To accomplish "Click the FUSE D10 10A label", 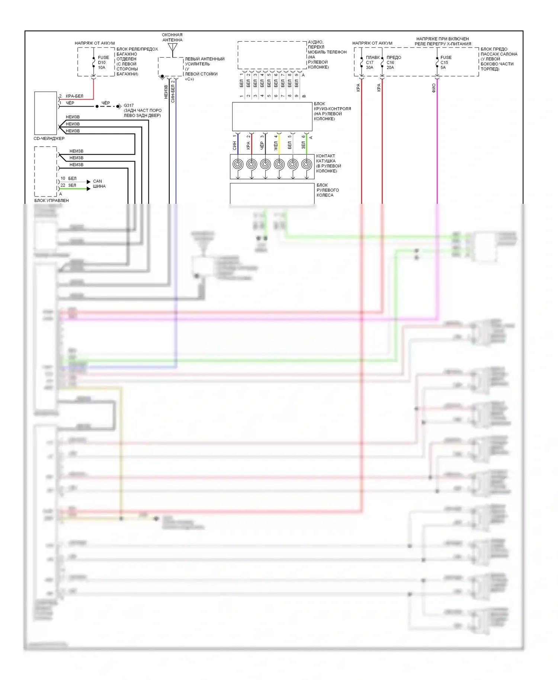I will pyautogui.click(x=103, y=62).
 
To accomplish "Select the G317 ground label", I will pyautogui.click(x=129, y=106).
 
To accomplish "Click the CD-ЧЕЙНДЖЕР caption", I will pyautogui.click(x=49, y=138).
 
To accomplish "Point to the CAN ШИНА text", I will pyautogui.click(x=99, y=184).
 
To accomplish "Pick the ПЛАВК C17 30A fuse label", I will pyautogui.click(x=372, y=62).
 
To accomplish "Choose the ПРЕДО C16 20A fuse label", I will pyautogui.click(x=393, y=62).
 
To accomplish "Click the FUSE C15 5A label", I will pyautogui.click(x=446, y=62).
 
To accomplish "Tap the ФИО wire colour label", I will pyautogui.click(x=434, y=88).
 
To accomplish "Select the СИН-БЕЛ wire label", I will pyautogui.click(x=173, y=93).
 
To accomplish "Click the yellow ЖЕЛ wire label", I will pyautogui.click(x=276, y=146).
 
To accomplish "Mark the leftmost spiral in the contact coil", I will pyautogui.click(x=238, y=164).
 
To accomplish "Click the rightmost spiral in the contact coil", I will pyautogui.click(x=307, y=164).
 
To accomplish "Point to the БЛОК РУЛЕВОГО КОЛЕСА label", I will pyautogui.click(x=327, y=190).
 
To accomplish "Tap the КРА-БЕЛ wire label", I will pyautogui.click(x=74, y=96).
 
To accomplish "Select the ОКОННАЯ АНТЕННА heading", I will pyautogui.click(x=172, y=37).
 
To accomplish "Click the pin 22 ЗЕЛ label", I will pyautogui.click(x=68, y=185).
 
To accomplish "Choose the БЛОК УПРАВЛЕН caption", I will pyautogui.click(x=51, y=201).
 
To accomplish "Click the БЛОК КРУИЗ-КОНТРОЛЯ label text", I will pyautogui.click(x=332, y=111).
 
